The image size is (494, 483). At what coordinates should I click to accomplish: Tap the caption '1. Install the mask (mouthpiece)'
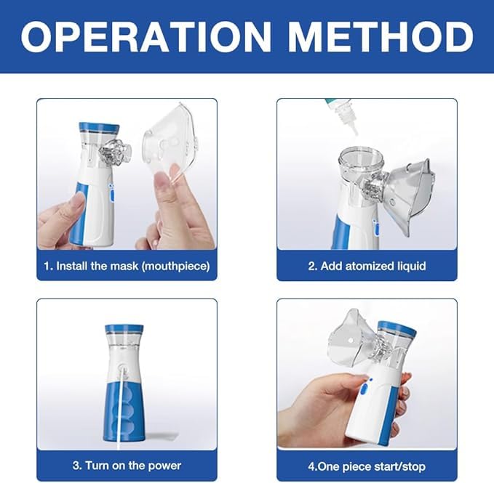pyautogui.click(x=127, y=266)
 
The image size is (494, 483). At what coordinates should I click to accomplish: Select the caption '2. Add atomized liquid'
pyautogui.click(x=367, y=266)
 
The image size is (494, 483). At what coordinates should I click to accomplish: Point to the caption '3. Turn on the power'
pyautogui.click(x=127, y=465)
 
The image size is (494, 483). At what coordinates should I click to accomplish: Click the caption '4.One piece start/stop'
pyautogui.click(x=367, y=466)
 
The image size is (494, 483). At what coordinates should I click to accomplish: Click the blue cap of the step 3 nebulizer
pyautogui.click(x=124, y=329)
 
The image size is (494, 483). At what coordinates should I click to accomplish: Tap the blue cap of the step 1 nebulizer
pyautogui.click(x=98, y=128)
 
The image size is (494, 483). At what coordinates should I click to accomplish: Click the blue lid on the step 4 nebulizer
pyautogui.click(x=397, y=328)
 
